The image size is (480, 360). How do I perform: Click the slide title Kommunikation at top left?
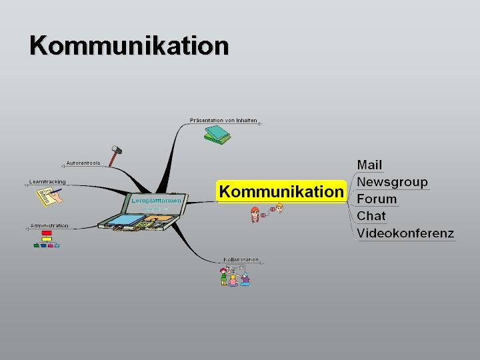tap(129, 45)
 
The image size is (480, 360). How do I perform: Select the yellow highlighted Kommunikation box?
tap(281, 191)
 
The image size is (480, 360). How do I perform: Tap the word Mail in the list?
tap(370, 165)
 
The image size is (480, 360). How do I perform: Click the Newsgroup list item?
tap(392, 181)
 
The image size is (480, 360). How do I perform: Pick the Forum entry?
tap(377, 199)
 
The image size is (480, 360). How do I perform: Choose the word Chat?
tap(371, 215)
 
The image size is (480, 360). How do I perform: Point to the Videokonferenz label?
tap(405, 233)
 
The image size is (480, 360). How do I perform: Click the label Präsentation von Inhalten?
tap(223, 121)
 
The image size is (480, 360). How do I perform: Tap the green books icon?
tap(217, 135)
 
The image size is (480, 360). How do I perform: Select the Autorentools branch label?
tap(83, 163)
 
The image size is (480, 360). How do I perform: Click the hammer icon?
tap(115, 156)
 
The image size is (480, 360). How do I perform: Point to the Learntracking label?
tap(48, 181)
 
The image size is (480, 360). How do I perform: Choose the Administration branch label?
tap(49, 225)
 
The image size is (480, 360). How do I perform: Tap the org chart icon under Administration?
tap(47, 239)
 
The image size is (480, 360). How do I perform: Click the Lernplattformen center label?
tap(156, 200)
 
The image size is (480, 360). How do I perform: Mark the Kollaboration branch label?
tap(241, 259)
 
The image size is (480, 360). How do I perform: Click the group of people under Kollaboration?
tap(235, 275)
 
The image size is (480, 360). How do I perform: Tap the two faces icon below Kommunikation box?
tap(267, 213)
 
